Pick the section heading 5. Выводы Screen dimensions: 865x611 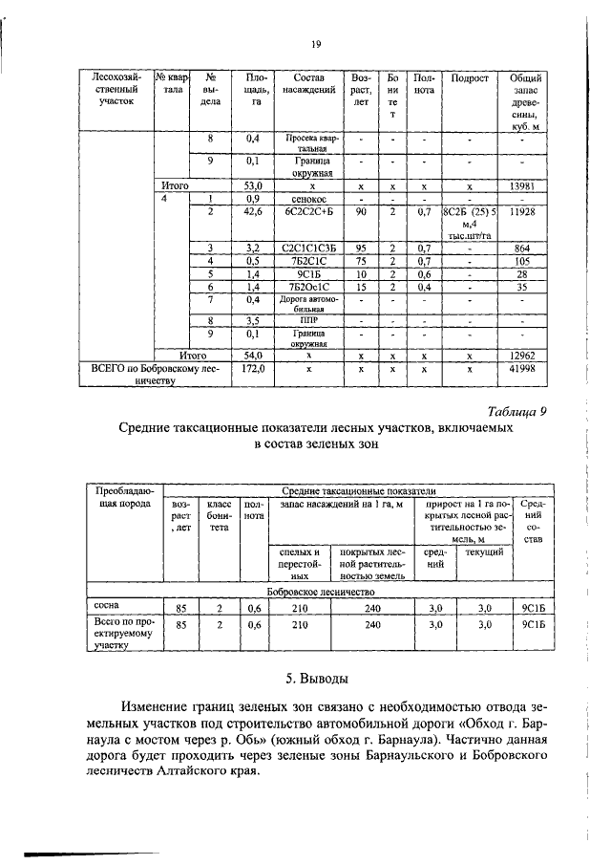[x=316, y=680]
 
